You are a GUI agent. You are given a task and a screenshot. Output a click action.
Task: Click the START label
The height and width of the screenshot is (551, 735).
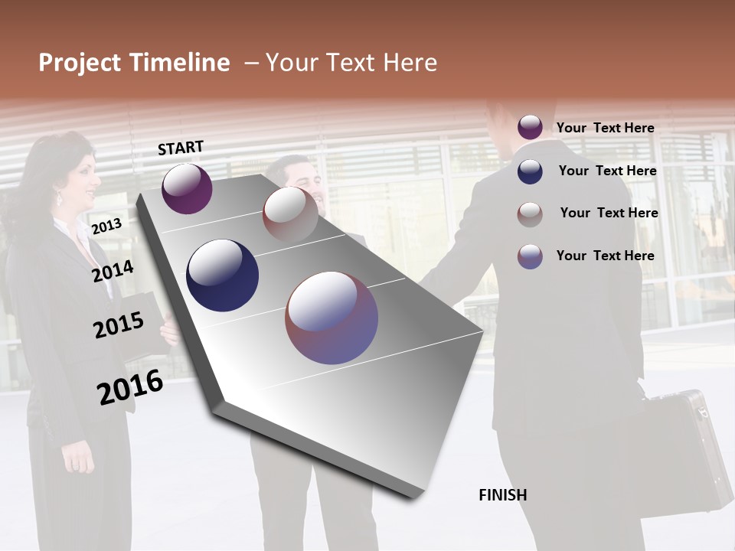[x=181, y=148]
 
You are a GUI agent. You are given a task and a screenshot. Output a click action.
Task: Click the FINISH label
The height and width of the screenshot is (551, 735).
[x=502, y=495]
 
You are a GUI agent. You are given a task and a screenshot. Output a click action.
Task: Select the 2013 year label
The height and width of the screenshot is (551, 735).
[x=106, y=226]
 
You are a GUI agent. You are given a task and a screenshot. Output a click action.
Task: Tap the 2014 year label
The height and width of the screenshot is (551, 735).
[x=113, y=271]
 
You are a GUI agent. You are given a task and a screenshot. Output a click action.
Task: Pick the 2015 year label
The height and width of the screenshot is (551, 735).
[x=119, y=325]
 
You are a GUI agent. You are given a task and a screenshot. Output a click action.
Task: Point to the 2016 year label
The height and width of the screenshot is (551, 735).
[x=130, y=387]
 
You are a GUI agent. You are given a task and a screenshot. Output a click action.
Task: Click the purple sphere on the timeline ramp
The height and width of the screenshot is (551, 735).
[x=187, y=188]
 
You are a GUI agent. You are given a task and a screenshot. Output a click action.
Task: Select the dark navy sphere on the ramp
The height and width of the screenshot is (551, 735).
[x=222, y=275]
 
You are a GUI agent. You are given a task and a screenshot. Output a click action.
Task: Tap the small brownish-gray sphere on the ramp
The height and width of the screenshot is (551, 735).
[x=290, y=214]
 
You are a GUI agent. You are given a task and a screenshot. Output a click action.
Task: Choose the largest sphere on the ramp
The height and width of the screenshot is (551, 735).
[x=332, y=318]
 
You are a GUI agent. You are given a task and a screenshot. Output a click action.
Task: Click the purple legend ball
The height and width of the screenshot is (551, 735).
[x=530, y=128]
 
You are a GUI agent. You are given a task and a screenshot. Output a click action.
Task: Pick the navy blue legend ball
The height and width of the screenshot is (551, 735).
[x=530, y=171]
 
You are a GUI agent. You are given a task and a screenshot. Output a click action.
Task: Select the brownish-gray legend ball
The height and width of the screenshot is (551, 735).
[x=530, y=214]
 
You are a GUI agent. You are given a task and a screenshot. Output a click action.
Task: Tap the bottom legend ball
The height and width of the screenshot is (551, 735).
[x=530, y=256]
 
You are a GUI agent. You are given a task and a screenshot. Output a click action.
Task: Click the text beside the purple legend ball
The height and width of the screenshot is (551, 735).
[x=605, y=128]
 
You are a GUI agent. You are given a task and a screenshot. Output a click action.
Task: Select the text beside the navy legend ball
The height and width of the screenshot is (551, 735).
[x=607, y=171]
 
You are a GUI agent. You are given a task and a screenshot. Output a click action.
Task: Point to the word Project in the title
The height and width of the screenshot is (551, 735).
[x=80, y=63]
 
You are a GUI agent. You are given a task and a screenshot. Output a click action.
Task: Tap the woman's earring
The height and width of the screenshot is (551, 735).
[x=59, y=199]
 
